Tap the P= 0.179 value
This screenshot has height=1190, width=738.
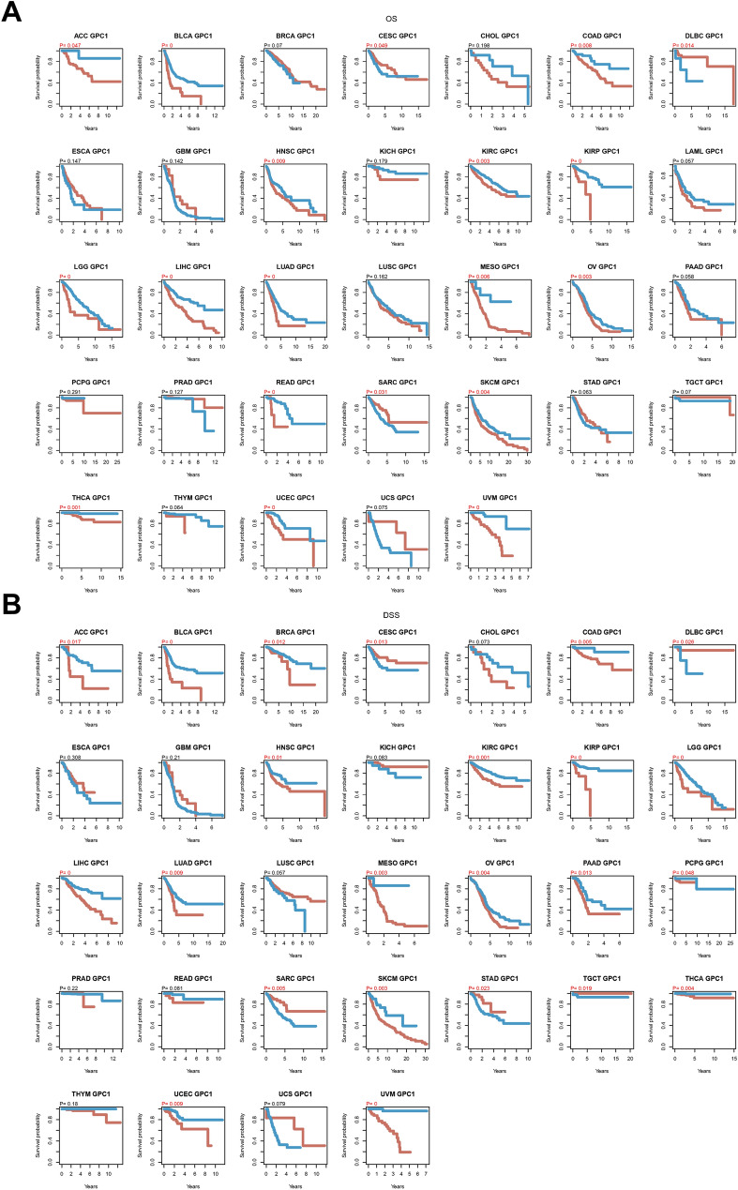(377, 160)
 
